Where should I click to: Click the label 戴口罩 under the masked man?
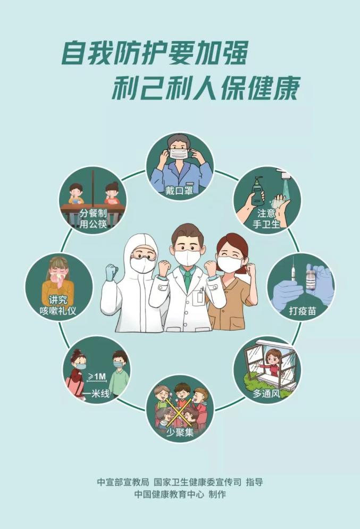pyautogui.click(x=179, y=191)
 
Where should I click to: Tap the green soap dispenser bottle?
pyautogui.click(x=257, y=192)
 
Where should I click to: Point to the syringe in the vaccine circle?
pyautogui.click(x=292, y=273)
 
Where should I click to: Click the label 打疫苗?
pyautogui.click(x=303, y=310)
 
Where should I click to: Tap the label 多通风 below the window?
pyautogui.click(x=266, y=393)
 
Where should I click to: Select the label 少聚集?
pyautogui.click(x=180, y=432)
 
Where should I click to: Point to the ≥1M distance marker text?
pyautogui.click(x=97, y=376)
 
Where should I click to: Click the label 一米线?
pyautogui.click(x=96, y=393)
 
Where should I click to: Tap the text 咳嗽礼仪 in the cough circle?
pyautogui.click(x=58, y=310)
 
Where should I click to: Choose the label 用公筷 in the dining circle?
pyautogui.click(x=93, y=224)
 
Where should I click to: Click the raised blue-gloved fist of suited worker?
pyautogui.click(x=112, y=271)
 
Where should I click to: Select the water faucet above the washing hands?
pyautogui.click(x=284, y=174)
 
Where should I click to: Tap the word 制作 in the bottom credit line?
pyautogui.click(x=217, y=494)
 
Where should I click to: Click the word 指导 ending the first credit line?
pyautogui.click(x=255, y=482)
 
